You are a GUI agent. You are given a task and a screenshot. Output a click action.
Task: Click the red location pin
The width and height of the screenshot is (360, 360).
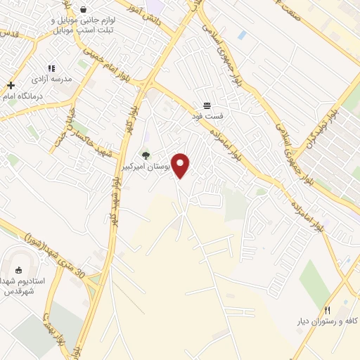pos(181,165)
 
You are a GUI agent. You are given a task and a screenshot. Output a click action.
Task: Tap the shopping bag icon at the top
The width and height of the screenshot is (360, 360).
pos(84,10)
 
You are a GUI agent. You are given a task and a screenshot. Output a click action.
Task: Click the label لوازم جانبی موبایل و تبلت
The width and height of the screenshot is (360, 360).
pos(84,25)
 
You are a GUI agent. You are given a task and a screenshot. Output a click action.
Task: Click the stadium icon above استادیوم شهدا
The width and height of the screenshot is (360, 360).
pos(18,269)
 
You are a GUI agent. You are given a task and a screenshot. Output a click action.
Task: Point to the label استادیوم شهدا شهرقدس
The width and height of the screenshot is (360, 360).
pos(22,285)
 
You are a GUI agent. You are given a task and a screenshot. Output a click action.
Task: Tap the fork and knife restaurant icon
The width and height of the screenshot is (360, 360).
pos(326,310)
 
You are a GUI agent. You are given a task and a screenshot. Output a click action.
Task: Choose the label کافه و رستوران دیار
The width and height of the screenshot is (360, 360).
pos(327,321)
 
